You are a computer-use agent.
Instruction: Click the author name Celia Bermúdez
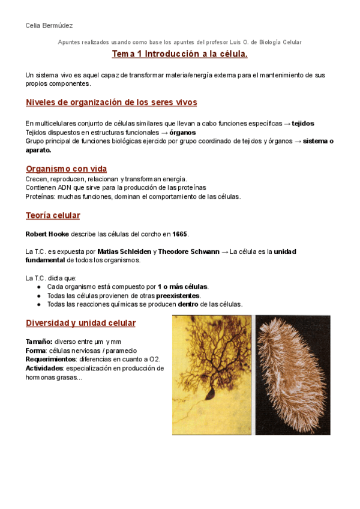(x=49, y=25)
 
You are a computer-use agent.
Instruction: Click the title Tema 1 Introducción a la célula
(x=179, y=55)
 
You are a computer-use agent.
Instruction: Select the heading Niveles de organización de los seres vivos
(x=111, y=102)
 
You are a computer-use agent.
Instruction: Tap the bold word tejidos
(x=302, y=123)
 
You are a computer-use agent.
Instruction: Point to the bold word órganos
(x=182, y=132)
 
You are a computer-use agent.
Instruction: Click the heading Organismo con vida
(x=66, y=169)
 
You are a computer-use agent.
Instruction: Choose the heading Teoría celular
(x=53, y=215)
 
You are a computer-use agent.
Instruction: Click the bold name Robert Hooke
(x=47, y=233)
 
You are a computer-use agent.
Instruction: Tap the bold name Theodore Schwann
(x=189, y=251)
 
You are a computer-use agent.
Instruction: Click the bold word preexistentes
(x=178, y=295)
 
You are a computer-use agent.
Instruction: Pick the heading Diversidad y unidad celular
(x=80, y=323)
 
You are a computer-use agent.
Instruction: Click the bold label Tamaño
(x=38, y=342)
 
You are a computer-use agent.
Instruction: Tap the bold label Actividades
(x=44, y=368)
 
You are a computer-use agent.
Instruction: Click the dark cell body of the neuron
(x=211, y=393)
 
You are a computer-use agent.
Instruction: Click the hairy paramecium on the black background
(x=293, y=375)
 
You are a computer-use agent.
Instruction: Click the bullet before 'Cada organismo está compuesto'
(x=39, y=287)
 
